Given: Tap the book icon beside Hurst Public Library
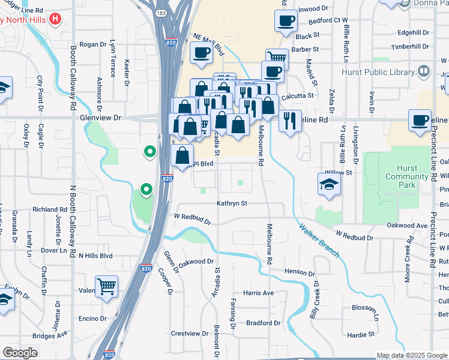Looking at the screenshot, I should tap(424, 71).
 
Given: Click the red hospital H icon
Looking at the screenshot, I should tap(55, 19).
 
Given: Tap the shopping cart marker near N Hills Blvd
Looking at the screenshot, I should tap(106, 286).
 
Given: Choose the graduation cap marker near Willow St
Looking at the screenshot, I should tap(328, 184).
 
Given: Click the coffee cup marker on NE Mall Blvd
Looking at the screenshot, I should tap(200, 53).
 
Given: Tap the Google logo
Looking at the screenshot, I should tap(20, 353).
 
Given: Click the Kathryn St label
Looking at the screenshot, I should tap(232, 203).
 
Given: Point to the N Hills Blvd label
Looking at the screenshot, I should tap(96, 255).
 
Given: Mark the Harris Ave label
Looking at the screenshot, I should tap(258, 293).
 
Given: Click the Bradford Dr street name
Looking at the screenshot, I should tap(264, 323).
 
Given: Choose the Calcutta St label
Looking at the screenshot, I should tap(299, 95).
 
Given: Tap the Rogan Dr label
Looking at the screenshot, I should tap(92, 44).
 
